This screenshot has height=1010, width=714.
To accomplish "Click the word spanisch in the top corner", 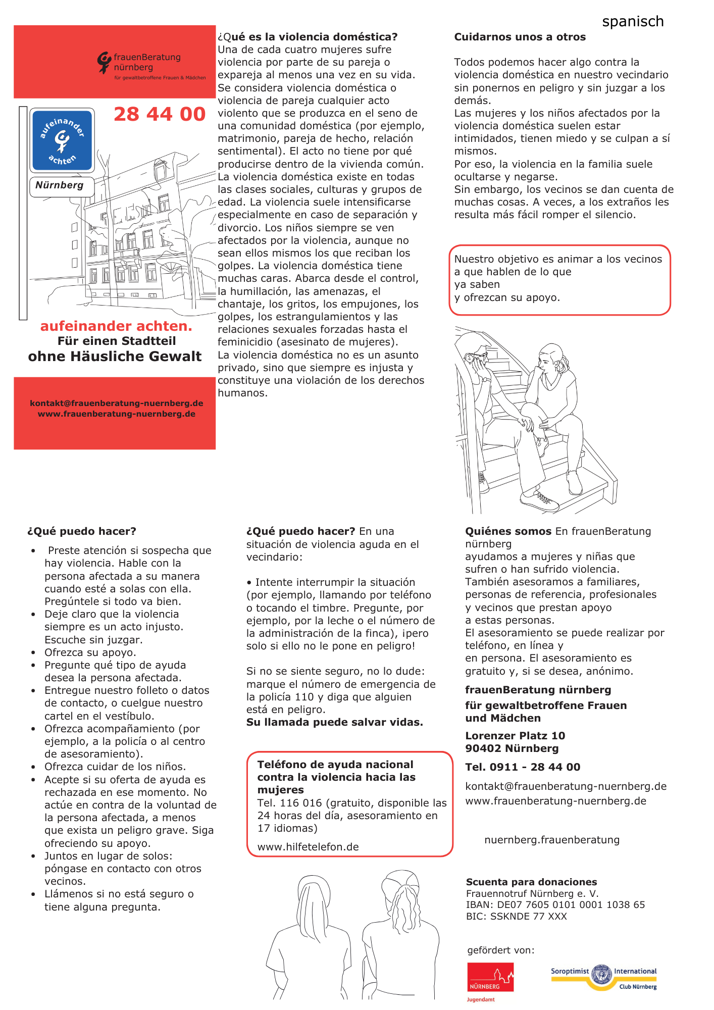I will click(x=633, y=22).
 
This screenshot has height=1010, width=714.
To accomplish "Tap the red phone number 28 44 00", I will click(x=160, y=114).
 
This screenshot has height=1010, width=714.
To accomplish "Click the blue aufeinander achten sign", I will click(x=62, y=141).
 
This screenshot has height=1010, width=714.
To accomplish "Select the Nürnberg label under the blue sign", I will click(x=60, y=185).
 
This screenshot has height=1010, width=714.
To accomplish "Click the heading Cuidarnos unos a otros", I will click(x=520, y=37).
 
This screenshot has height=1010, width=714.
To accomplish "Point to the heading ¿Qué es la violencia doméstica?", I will click(x=308, y=37).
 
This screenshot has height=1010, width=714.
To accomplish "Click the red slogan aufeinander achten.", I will click(x=116, y=326).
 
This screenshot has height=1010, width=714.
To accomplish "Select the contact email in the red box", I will click(x=116, y=403).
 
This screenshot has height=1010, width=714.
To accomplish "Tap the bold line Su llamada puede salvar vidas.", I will click(x=334, y=722).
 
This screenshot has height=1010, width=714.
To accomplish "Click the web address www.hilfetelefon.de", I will click(x=308, y=847).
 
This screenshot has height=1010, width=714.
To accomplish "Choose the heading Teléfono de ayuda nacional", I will click(x=335, y=765).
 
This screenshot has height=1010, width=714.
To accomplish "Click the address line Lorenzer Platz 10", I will click(x=515, y=736).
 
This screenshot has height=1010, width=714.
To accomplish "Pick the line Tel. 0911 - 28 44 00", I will click(x=523, y=767).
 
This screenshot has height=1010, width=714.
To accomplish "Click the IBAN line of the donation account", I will click(x=555, y=904).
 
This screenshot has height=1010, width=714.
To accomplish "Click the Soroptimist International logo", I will click(x=603, y=976).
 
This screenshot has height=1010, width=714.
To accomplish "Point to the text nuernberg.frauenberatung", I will click(x=551, y=840).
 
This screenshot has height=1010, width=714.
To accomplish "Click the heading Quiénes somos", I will click(x=508, y=531).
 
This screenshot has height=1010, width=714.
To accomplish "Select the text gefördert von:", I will click(x=500, y=950).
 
